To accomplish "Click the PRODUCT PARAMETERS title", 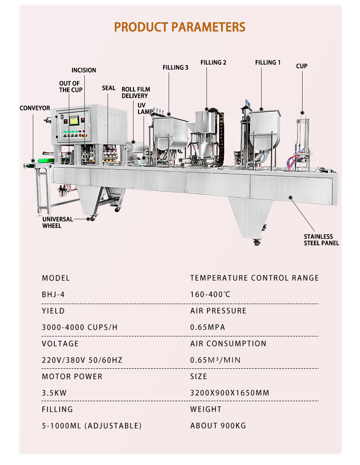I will coord(180,27).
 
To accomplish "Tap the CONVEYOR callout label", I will coord(35,108).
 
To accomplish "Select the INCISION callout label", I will coord(84,70).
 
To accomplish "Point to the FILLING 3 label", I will coord(175,67).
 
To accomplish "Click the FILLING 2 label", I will coord(213,62).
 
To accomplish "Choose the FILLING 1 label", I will coord(267,62).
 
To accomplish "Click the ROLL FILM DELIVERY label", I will coord(135,93).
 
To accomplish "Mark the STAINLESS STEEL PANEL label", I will coord(321,240).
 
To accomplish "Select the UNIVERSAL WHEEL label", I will coord(58,222).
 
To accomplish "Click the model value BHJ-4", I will coord(53,294).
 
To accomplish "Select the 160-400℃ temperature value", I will coord(211,294).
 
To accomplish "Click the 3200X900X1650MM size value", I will coord(230,393).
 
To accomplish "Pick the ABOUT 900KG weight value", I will coord(218,426).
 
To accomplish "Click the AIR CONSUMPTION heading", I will coord(228,344).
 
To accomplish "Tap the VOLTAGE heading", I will coord(60,344).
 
